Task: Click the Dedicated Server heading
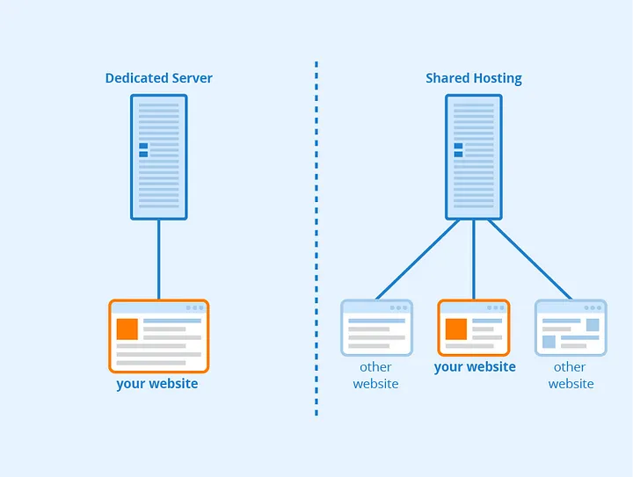(x=158, y=78)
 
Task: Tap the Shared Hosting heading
(x=474, y=78)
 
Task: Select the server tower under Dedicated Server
(x=158, y=157)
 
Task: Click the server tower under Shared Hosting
(x=474, y=157)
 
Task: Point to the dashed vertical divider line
(x=316, y=238)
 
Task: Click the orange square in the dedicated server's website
(x=127, y=329)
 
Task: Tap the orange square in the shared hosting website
(x=456, y=329)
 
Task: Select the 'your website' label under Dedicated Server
(x=157, y=384)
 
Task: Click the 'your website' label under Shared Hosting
(x=475, y=367)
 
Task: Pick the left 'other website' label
(x=376, y=375)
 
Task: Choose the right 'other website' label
(x=571, y=375)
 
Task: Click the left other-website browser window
(x=376, y=328)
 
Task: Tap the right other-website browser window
(x=571, y=328)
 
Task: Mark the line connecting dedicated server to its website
(x=158, y=260)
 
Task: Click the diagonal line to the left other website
(x=418, y=260)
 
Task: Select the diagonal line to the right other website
(x=530, y=260)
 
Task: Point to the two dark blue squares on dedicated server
(x=143, y=150)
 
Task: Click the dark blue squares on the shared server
(x=458, y=150)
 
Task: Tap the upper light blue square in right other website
(x=593, y=325)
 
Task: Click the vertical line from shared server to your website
(x=474, y=260)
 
